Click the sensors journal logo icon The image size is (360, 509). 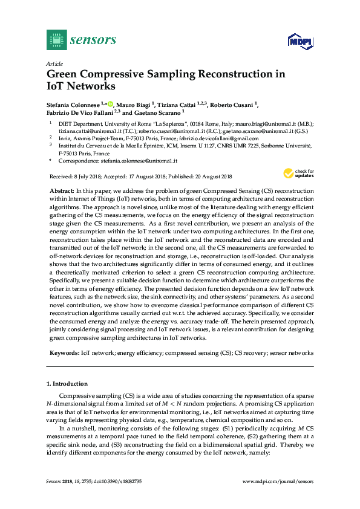[x=56, y=40]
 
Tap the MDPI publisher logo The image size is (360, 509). [x=300, y=41]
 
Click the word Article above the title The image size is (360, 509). [x=54, y=63]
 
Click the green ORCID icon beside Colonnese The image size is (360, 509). [x=111, y=104]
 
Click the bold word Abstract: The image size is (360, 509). [x=63, y=190]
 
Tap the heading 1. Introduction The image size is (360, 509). [x=67, y=384]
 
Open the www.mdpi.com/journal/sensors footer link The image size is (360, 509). [x=278, y=481]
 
